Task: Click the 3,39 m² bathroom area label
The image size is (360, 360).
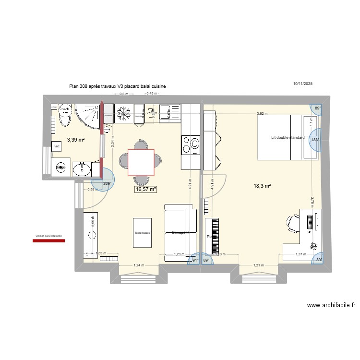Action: tap(75, 140)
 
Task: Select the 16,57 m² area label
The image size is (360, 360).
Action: tap(146, 190)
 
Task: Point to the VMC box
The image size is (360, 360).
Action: tap(57, 146)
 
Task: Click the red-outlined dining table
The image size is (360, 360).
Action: tap(141, 162)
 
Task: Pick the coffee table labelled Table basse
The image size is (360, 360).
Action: tap(143, 233)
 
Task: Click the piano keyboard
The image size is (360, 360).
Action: tap(215, 236)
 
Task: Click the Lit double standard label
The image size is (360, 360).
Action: tap(288, 138)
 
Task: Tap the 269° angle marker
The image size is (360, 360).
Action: tap(107, 183)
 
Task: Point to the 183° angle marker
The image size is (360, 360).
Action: tap(315, 140)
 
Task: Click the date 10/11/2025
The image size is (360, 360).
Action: tap(303, 84)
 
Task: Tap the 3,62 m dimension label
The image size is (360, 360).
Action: tap(262, 114)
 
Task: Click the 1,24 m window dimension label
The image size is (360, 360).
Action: tap(138, 265)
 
